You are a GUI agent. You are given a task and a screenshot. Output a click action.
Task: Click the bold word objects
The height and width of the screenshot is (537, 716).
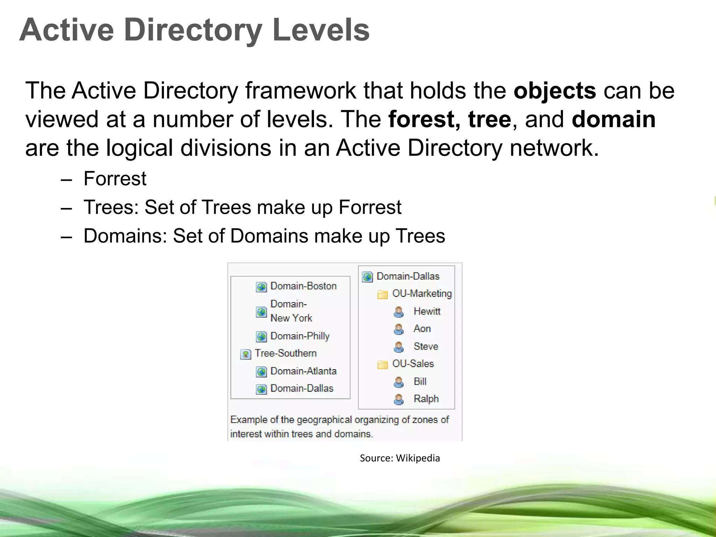[x=555, y=91]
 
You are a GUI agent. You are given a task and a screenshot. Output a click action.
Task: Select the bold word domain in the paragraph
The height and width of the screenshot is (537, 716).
[x=614, y=119]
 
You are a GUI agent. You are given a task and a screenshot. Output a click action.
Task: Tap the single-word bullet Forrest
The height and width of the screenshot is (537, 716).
[x=115, y=179]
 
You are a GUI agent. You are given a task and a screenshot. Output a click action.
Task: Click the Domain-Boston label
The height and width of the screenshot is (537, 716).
[x=303, y=286]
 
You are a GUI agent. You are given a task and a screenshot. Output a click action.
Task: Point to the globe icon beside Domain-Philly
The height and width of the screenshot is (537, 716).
[x=261, y=337]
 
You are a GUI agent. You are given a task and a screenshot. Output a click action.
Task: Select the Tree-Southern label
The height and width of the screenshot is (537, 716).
[x=285, y=353]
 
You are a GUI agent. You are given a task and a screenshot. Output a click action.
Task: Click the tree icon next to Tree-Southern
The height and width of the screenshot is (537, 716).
[x=246, y=354]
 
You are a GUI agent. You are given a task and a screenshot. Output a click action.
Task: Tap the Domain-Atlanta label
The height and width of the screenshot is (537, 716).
[x=303, y=371]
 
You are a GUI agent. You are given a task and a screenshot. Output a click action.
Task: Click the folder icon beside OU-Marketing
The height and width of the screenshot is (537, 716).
[x=382, y=294]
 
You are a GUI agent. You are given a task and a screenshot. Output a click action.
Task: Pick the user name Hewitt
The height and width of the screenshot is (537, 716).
[x=427, y=311]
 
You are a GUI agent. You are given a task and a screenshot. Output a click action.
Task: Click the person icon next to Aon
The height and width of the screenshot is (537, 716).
[x=399, y=329]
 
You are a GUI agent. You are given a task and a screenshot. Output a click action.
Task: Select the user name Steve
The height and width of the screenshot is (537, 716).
[x=425, y=346]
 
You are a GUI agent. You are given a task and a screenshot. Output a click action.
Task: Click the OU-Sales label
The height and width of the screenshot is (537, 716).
[x=413, y=364]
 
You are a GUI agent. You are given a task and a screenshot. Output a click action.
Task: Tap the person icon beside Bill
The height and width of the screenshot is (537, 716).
[x=399, y=382]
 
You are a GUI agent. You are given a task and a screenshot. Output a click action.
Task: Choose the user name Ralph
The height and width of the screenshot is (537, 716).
[x=426, y=399]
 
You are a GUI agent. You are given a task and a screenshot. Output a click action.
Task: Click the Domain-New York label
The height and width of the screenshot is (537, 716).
[x=291, y=311]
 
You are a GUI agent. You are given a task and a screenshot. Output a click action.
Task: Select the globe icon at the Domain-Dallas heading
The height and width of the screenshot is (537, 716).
[x=367, y=277]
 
